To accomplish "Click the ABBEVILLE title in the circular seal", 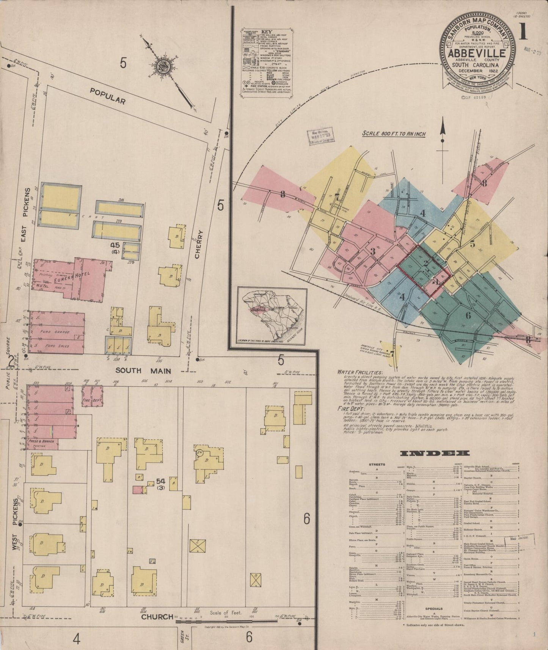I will coord(477,54).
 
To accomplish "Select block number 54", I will coord(160,482).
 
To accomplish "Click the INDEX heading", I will coord(435,453).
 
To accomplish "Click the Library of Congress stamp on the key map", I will coord(320,135).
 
